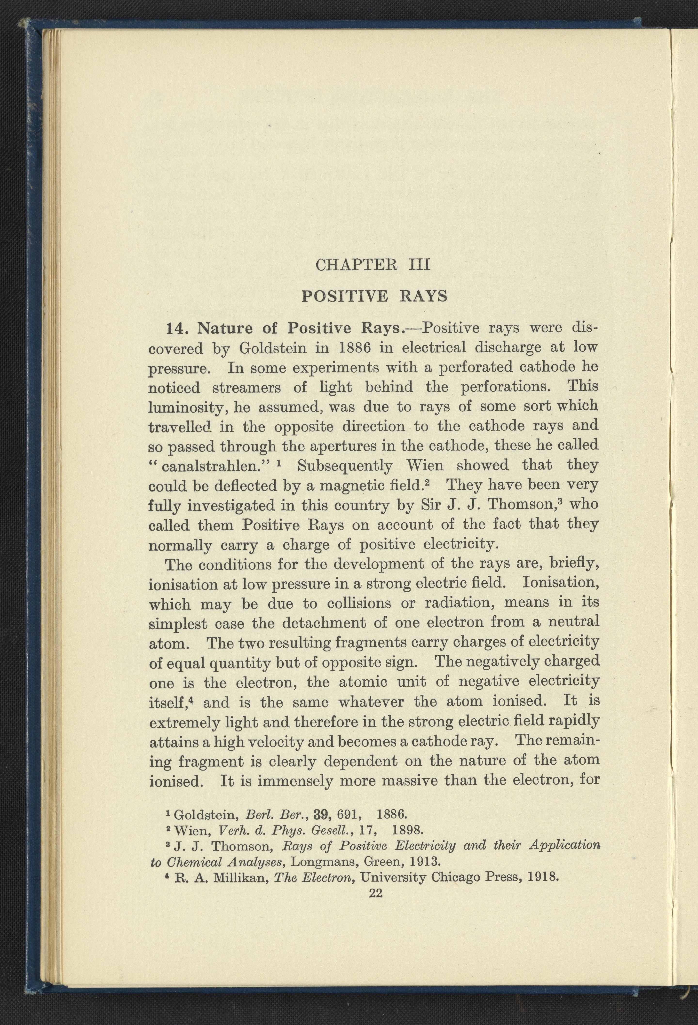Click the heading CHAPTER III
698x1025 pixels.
click(x=373, y=265)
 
